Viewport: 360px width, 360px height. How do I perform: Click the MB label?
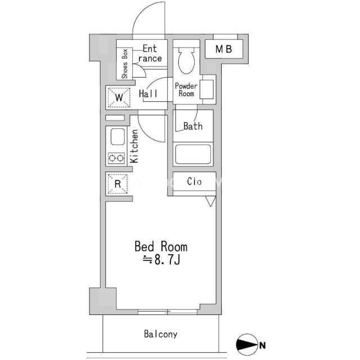coord(224,49)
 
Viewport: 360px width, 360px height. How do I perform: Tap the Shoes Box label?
coord(125,64)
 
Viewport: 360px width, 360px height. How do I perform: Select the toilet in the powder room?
coord(186,60)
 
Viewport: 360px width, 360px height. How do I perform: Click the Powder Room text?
coord(186,90)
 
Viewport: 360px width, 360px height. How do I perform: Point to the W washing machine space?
coord(119,97)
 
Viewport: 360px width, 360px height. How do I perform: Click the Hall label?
coord(148,94)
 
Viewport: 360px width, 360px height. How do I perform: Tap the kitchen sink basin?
coord(118,137)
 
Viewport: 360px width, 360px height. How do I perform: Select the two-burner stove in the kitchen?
coord(116,158)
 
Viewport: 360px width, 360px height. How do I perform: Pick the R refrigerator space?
coord(118,184)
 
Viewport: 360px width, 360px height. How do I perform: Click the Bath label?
coord(193,126)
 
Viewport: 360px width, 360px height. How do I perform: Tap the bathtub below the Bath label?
coord(193,154)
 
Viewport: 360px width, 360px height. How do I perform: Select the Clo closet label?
coord(194,181)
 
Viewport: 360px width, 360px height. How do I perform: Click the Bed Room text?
coord(161,246)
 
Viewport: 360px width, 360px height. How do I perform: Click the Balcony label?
coord(161,334)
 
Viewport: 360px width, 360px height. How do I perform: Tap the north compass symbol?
coord(246,344)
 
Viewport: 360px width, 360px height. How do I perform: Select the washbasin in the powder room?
coord(206,89)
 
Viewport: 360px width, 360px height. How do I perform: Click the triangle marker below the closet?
coord(210,201)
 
